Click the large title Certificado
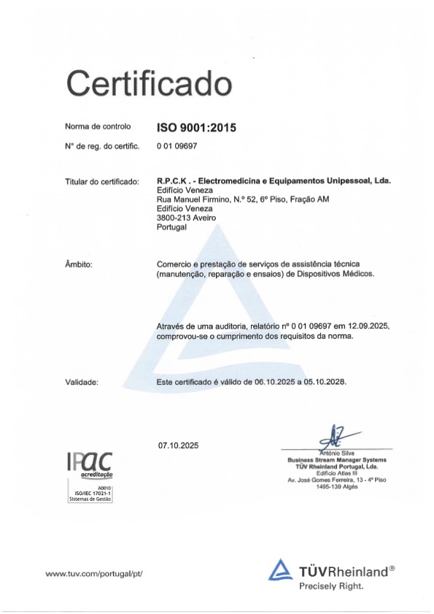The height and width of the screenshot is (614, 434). click(149, 82)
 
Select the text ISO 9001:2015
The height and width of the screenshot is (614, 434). click(197, 128)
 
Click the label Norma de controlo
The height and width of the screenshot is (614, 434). click(98, 128)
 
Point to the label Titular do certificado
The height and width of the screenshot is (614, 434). click(102, 180)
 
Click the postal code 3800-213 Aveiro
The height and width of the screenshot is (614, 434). click(183, 218)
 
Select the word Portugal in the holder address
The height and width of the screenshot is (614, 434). click(172, 227)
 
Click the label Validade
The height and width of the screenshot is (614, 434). click(82, 382)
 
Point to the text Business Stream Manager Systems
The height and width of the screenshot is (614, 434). click(336, 459)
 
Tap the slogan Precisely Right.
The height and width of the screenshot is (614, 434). click(331, 586)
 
